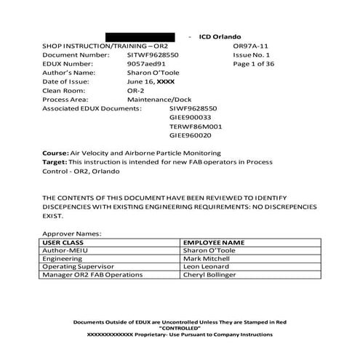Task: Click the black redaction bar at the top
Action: [x=140, y=36]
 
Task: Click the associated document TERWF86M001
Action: [x=196, y=126]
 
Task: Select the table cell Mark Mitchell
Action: [x=209, y=257]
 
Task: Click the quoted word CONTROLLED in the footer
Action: [x=179, y=327]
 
